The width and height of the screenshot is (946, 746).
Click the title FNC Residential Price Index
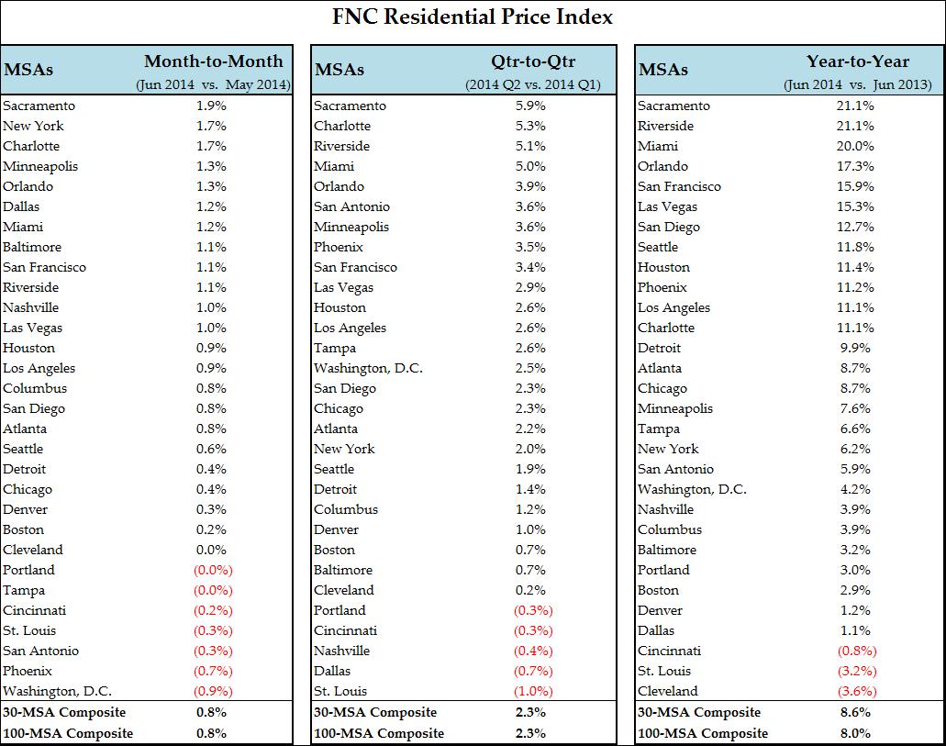point(472,17)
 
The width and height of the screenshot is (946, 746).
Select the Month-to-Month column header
point(214,61)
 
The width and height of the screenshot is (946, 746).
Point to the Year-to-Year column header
point(858,61)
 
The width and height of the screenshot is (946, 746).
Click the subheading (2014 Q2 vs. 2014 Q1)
point(538,84)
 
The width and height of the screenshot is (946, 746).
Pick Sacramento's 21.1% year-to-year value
point(856,106)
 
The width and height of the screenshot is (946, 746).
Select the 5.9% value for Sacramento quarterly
point(530,106)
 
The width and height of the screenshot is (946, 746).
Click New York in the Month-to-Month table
point(32,126)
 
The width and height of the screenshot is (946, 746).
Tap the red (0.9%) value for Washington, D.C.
point(212,691)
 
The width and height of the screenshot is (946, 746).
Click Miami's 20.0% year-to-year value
point(856,146)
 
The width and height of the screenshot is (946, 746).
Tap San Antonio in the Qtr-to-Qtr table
point(351,206)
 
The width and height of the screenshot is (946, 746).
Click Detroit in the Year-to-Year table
point(660,348)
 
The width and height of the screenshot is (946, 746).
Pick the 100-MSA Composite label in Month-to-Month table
point(68,732)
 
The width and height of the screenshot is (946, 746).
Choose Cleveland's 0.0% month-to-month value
point(211,550)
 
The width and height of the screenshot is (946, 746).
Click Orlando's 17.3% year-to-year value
point(856,166)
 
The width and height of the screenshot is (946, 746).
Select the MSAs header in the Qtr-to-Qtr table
point(339,69)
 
